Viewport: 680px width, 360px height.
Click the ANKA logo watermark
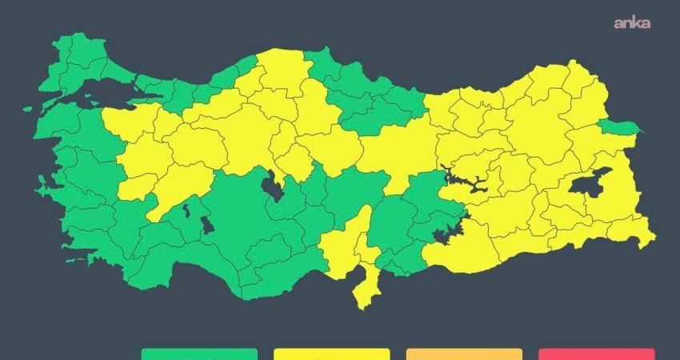[631, 22]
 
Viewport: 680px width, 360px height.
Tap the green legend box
[199, 354]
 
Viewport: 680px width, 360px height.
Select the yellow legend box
[331, 354]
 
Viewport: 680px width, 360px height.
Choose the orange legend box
[464, 354]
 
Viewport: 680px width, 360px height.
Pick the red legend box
[596, 354]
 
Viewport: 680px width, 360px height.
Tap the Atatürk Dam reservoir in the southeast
[442, 235]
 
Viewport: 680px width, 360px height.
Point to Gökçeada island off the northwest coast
[28, 108]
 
